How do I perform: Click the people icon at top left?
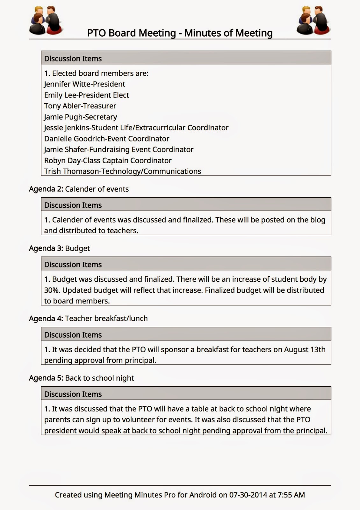pos(46,20)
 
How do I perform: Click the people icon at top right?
pos(313,20)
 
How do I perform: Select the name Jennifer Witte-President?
pos(84,84)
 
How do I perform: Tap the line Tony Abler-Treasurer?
pos(80,106)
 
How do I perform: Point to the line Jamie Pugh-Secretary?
pos(81,117)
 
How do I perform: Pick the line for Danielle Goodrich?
pos(106,139)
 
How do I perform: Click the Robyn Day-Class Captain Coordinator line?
pos(108,161)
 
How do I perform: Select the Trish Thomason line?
pos(122,171)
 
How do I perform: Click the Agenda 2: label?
pos(46,189)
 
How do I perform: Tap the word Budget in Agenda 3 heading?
pos(77,248)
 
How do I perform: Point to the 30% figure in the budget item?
pos(52,290)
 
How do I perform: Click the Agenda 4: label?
pos(46,318)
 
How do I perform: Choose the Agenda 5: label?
pos(46,378)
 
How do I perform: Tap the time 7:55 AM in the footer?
pos(291,495)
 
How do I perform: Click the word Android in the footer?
pos(203,495)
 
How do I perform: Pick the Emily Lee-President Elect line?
pos(86,95)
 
